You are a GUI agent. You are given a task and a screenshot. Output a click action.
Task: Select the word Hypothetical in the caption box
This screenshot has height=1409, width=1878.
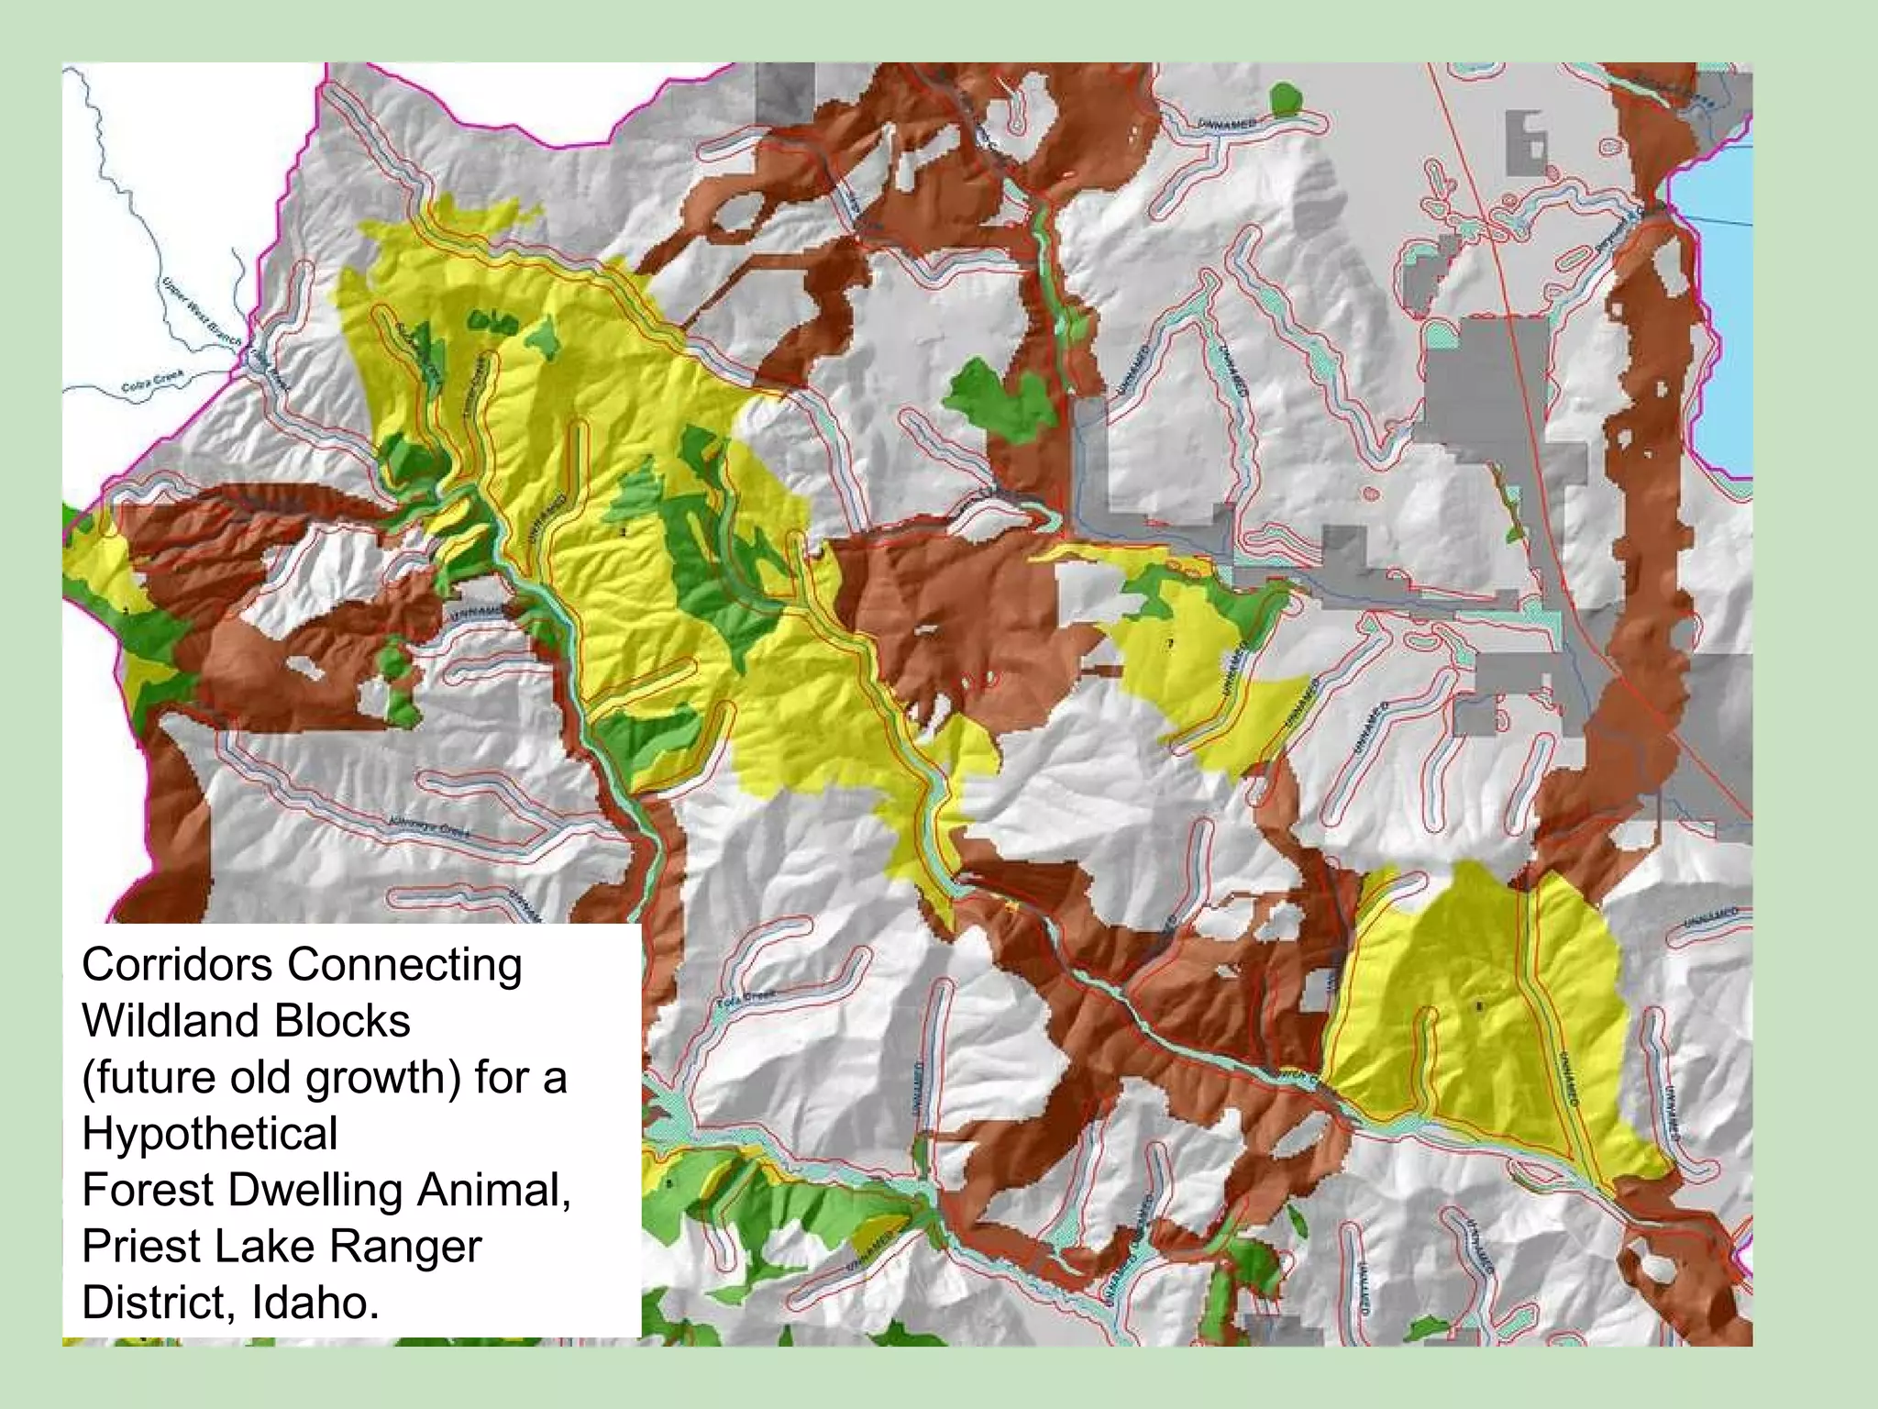pyautogui.click(x=210, y=1133)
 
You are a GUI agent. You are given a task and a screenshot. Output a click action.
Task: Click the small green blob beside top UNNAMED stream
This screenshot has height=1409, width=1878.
pyautogui.click(x=1286, y=96)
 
